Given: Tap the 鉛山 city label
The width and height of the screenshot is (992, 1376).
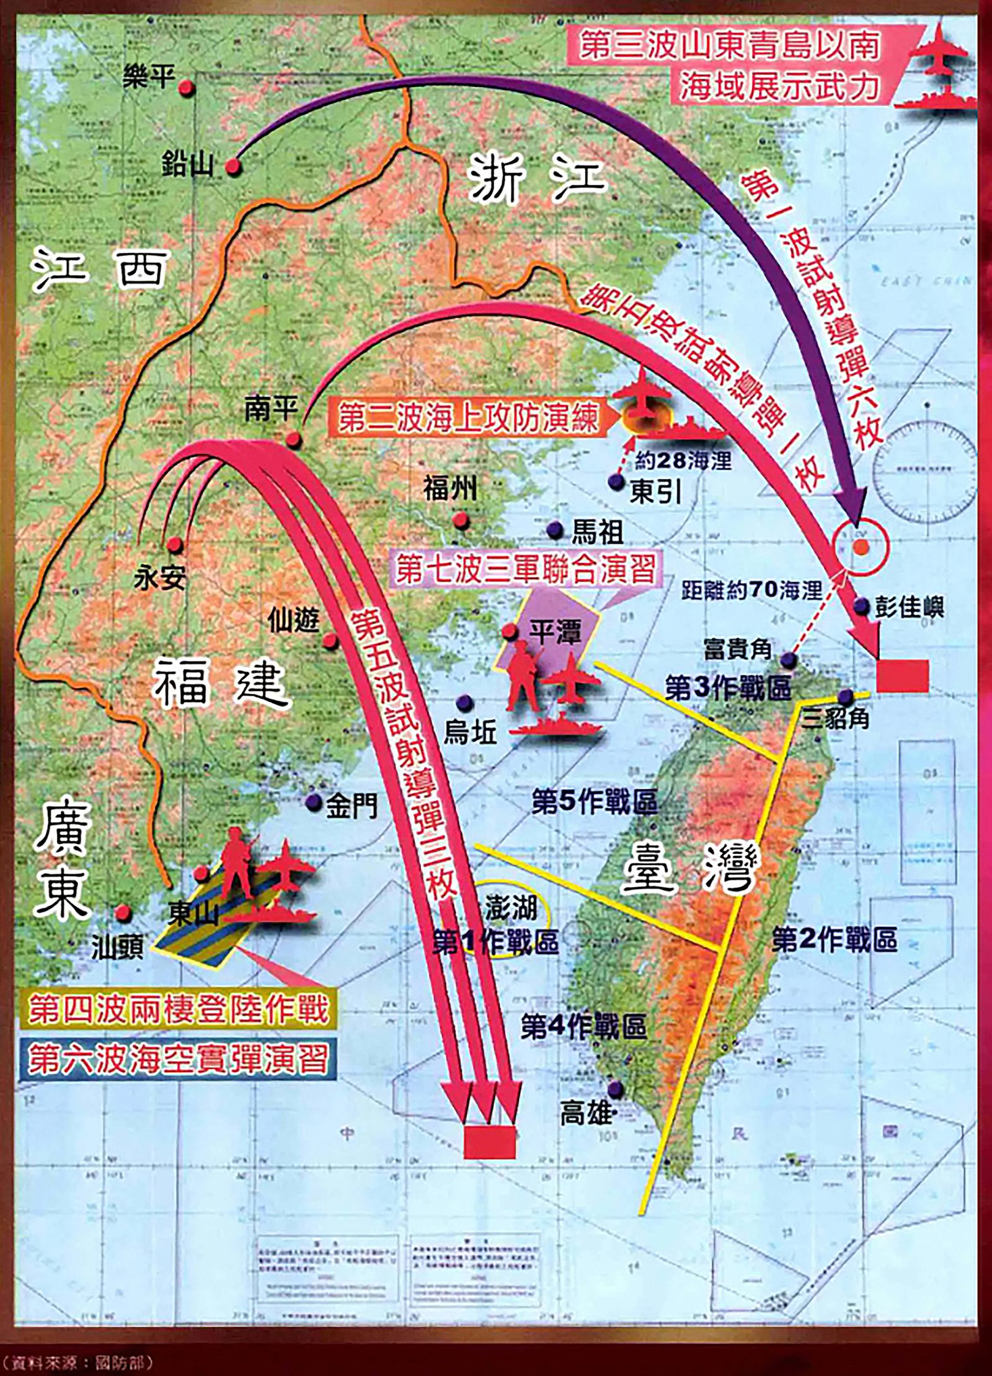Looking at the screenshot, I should tap(187, 164).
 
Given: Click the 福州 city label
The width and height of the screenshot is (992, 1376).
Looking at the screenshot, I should tap(450, 489).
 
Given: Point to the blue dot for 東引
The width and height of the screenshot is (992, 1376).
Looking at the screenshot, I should tap(615, 482).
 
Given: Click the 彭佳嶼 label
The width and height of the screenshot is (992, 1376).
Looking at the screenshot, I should tap(909, 607).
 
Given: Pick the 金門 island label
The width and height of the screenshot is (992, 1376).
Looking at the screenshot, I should tap(351, 806).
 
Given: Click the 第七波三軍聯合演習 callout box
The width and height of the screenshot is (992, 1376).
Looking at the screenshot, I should tap(525, 568).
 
